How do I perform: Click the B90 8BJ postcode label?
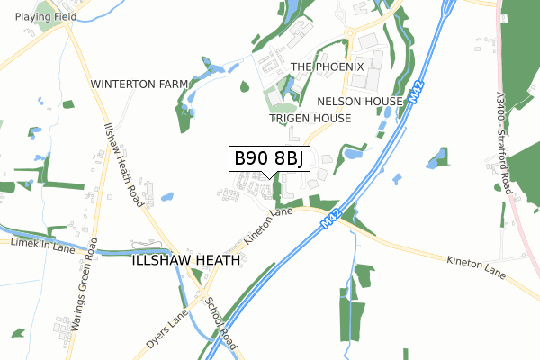(272, 158)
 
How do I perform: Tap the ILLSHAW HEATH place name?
(186, 260)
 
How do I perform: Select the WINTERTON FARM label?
(139, 84)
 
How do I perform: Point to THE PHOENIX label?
(328, 67)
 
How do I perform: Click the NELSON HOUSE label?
(360, 102)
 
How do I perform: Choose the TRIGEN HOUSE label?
(310, 119)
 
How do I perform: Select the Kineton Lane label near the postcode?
(268, 229)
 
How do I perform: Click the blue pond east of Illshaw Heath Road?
(167, 196)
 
